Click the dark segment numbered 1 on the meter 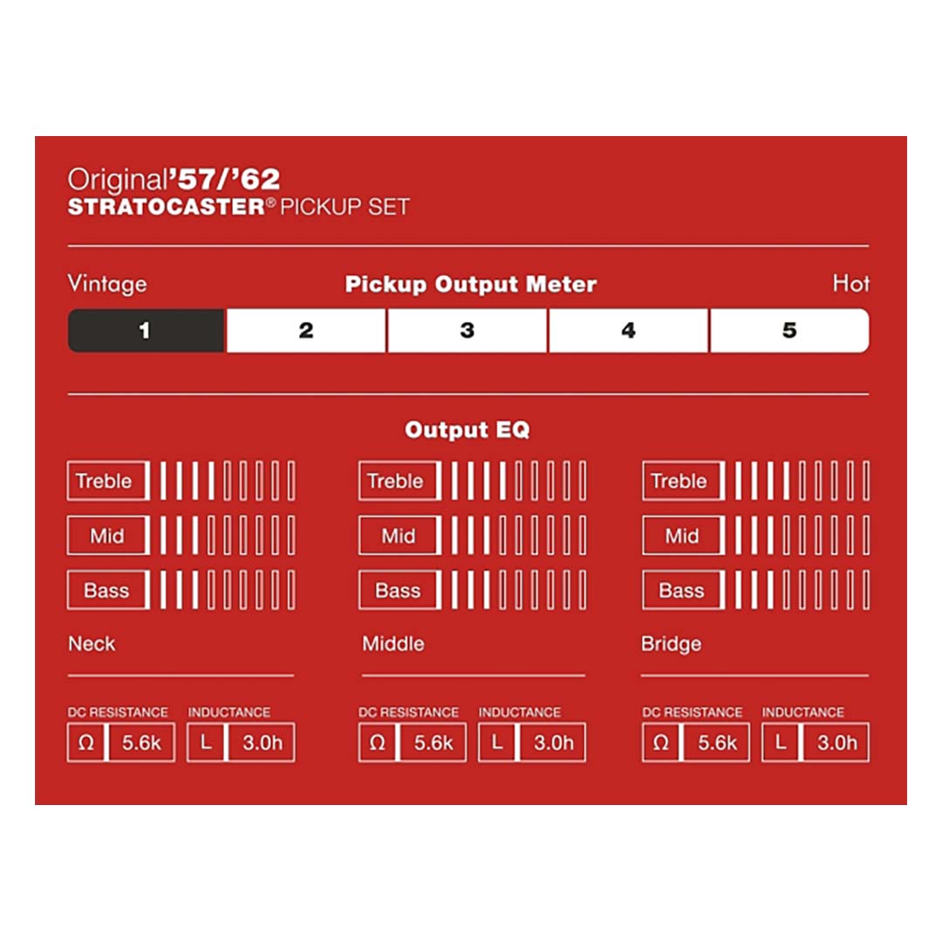pos(146,331)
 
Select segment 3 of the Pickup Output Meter pos(468,331)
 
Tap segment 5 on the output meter pos(789,331)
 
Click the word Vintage pos(107,283)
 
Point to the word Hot pos(850,283)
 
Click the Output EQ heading pos(468,429)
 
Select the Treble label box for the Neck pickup pos(108,481)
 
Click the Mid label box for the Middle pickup pos(399,536)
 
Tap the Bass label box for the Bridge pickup pos(683,590)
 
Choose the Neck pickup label pos(92,644)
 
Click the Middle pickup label pos(392,644)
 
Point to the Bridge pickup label pos(671,644)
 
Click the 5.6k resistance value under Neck pos(142,743)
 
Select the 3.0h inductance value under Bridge pos(836,743)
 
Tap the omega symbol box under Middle pos(378,743)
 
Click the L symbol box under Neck pos(206,743)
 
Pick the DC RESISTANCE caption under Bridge pos(692,713)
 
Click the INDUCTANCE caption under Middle pos(520,713)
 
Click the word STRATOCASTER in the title pos(167,207)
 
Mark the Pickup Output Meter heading pos(470,284)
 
